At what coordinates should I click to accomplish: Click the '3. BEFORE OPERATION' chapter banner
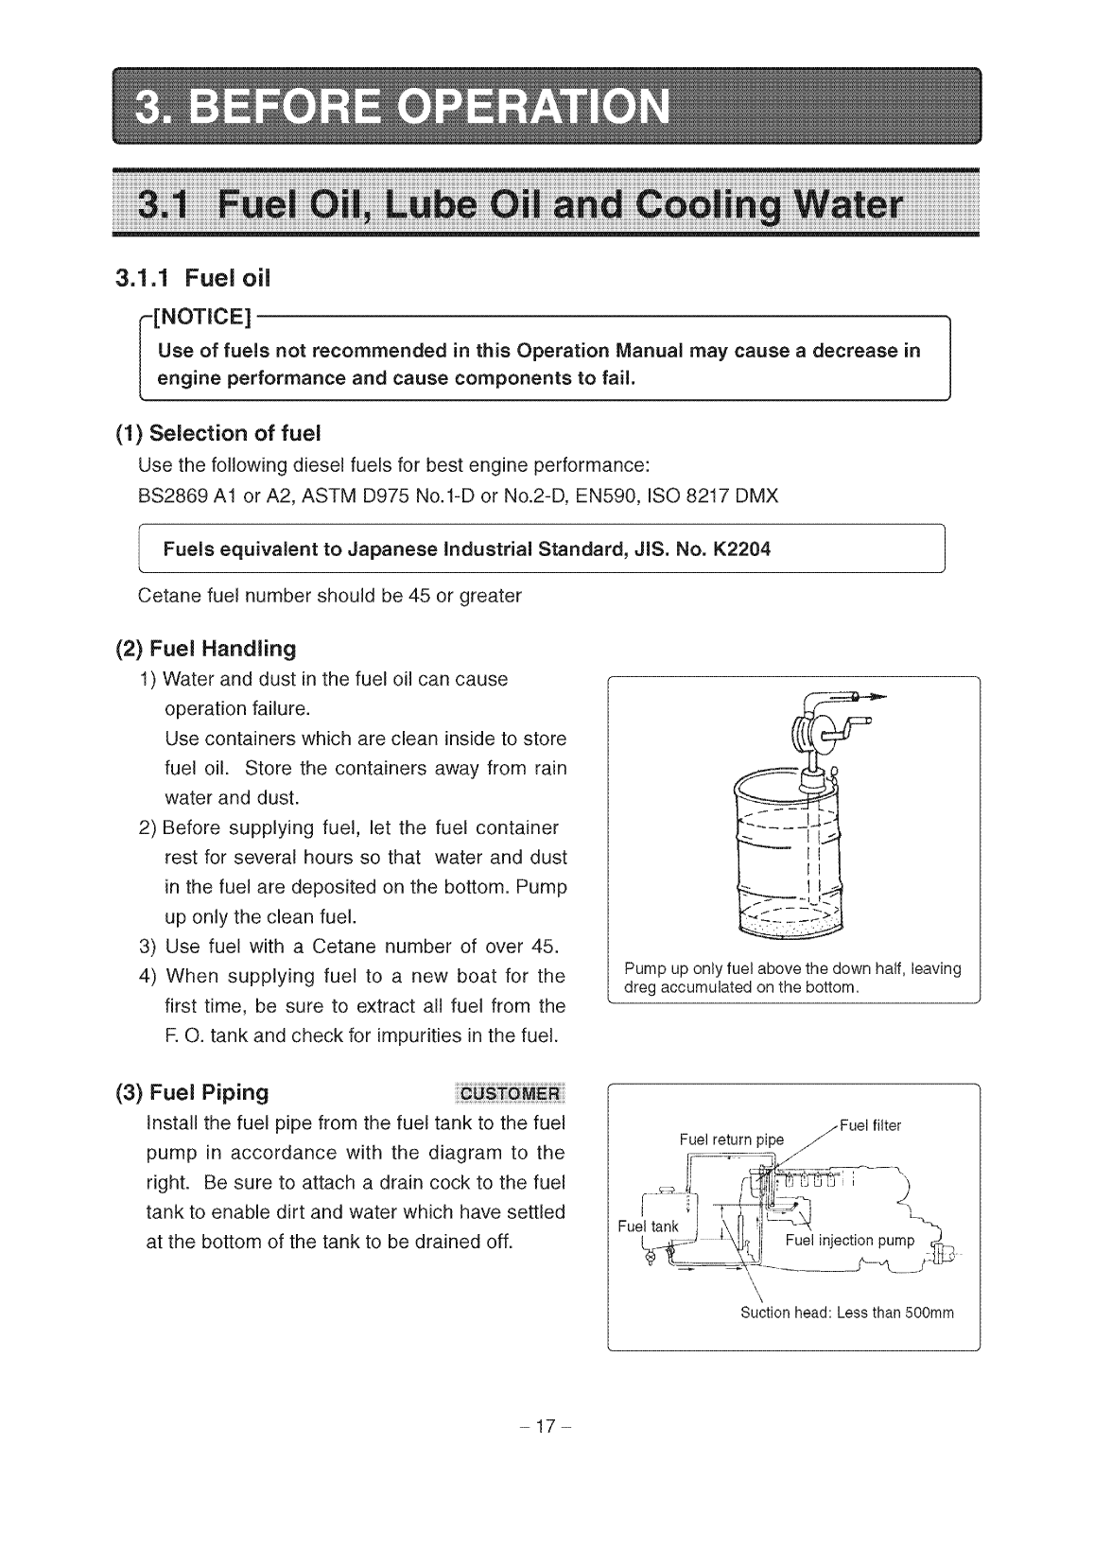click(547, 105)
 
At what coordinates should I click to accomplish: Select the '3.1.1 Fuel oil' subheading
click(192, 278)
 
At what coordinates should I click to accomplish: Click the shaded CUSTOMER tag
click(509, 1094)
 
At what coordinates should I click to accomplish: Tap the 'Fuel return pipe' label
click(732, 1139)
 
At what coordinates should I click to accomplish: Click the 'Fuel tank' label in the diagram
click(648, 1226)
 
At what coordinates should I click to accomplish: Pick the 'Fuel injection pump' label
click(850, 1241)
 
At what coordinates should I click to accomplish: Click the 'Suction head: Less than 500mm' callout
click(847, 1313)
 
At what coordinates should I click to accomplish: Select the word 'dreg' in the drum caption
click(640, 987)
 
